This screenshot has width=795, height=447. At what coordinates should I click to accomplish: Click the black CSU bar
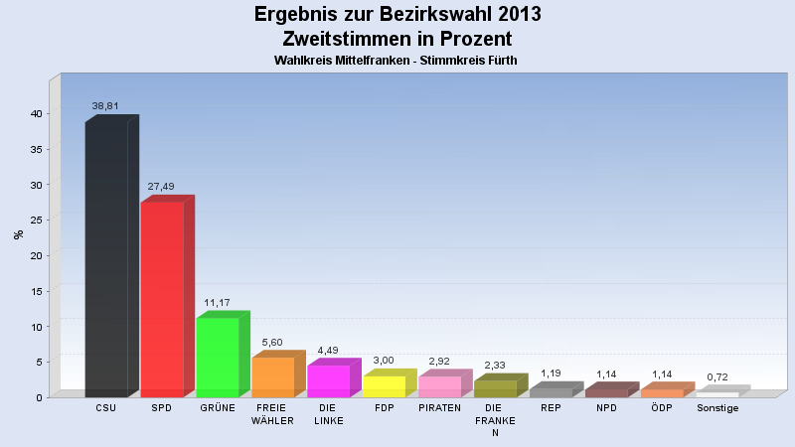click(106, 258)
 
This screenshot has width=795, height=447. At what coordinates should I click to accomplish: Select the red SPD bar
click(162, 298)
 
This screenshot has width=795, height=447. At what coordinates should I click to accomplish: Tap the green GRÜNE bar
click(218, 358)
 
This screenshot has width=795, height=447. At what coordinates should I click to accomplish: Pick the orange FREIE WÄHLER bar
click(273, 377)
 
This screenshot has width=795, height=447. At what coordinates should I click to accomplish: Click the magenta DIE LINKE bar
click(329, 381)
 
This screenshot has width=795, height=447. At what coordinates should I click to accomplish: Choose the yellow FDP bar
click(385, 386)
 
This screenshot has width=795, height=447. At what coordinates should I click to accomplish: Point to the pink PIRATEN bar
click(440, 386)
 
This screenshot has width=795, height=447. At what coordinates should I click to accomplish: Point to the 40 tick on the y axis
click(36, 113)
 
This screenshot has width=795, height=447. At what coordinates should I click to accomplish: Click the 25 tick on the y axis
click(36, 220)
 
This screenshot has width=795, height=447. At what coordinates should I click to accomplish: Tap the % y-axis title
click(18, 234)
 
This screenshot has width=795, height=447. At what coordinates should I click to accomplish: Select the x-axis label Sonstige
click(717, 408)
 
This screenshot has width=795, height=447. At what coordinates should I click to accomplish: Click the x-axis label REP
click(552, 408)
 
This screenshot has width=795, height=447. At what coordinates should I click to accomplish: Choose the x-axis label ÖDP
click(663, 408)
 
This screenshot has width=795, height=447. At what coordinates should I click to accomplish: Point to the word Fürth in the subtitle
click(500, 61)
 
